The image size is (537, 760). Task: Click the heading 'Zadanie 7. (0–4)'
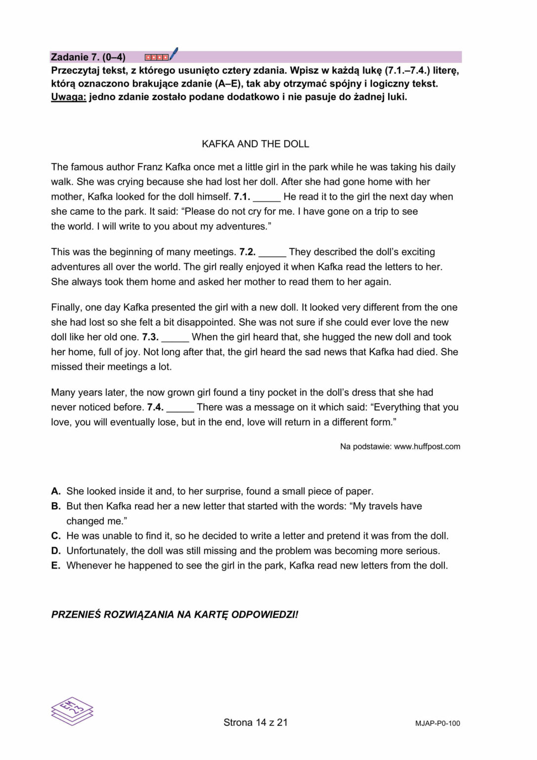pos(88,57)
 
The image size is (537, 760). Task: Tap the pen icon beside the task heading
pos(173,54)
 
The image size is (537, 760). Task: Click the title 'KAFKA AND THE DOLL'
pos(255,144)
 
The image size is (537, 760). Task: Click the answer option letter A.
pos(56,491)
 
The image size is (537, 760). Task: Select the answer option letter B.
pos(56,506)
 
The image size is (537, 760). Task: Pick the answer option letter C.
pos(56,536)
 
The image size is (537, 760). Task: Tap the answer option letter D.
pos(56,551)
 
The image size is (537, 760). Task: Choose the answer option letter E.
pos(56,566)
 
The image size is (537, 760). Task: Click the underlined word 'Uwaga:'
pos(68,97)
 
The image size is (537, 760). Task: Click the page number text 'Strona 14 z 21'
pos(255,722)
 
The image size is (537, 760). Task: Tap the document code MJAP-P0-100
pos(437,723)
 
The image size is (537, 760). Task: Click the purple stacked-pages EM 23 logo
pos(72,711)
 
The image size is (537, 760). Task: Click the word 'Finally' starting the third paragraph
pos(67,308)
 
